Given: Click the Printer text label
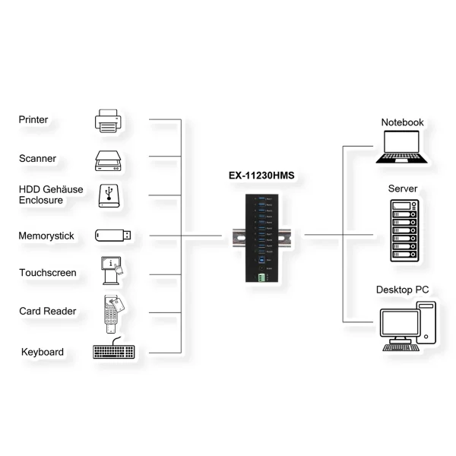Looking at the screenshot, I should (x=33, y=120).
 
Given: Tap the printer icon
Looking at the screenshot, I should (x=108, y=119).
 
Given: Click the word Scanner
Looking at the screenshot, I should (x=38, y=159).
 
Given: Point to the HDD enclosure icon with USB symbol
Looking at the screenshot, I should (x=109, y=195).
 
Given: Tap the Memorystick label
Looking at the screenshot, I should (x=46, y=236).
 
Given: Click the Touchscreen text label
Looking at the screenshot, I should (x=47, y=272).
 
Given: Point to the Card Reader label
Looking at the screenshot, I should (x=47, y=312).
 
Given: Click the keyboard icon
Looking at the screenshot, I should (x=113, y=352).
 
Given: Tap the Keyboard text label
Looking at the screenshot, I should (x=43, y=352).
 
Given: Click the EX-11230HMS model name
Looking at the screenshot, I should (x=261, y=176).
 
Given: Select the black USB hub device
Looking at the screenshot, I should (x=261, y=238).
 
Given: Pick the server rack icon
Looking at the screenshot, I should (x=402, y=231).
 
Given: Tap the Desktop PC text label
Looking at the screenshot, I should (x=402, y=290).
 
